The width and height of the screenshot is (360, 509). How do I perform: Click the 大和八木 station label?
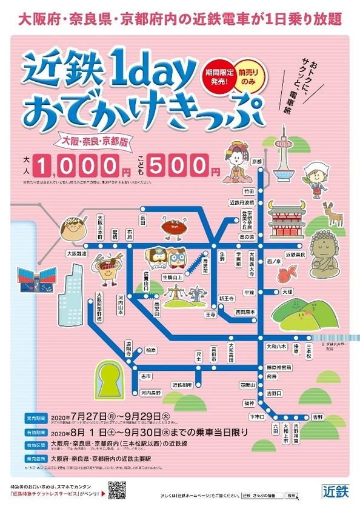(x=276, y=346)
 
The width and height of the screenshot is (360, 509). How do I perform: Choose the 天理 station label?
(x=287, y=291)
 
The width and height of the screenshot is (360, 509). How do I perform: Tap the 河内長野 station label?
(x=150, y=393)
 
